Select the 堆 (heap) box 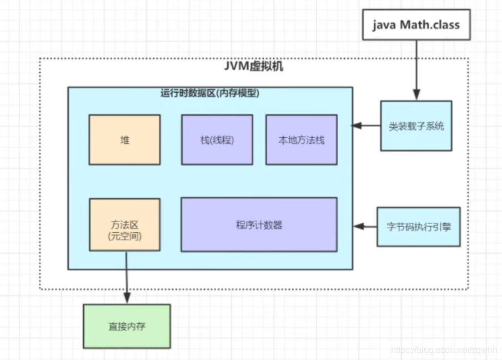pos(124,140)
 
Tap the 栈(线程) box pos(217,140)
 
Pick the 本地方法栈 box pos(301,140)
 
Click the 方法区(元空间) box pos(124,225)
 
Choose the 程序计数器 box pos(259,225)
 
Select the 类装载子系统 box pos(416,126)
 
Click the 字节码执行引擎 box pos(419,227)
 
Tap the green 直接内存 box pos(127,327)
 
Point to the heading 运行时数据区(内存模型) pos(210,93)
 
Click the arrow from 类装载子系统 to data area pos(367,126)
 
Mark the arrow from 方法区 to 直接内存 pos(127,278)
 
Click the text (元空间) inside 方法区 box pos(124,236)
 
